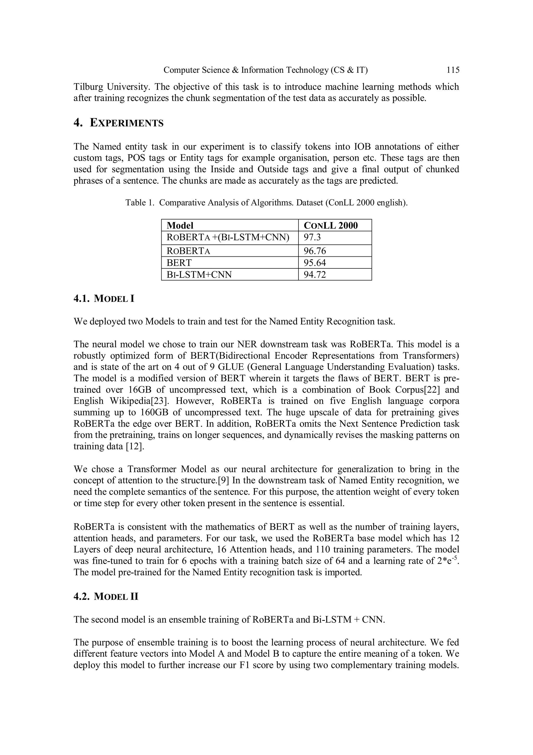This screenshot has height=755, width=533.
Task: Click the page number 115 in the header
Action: coord(453,70)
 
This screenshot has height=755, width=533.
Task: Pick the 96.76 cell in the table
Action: coord(315,251)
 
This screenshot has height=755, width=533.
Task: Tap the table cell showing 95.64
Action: coord(315,263)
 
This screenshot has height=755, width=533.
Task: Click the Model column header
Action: coord(180,226)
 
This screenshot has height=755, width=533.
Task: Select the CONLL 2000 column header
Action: coord(331,226)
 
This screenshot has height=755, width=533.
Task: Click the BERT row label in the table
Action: coord(179,263)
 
